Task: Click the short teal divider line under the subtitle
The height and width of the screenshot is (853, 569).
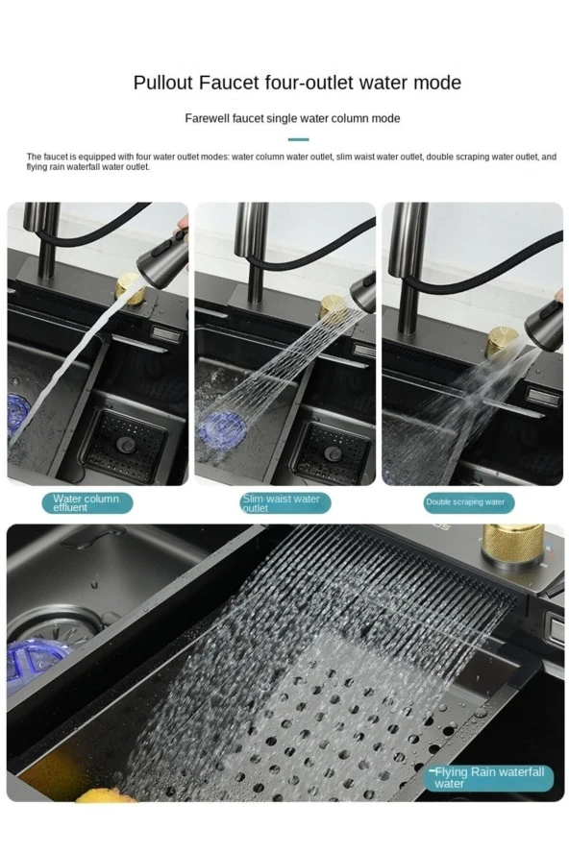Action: point(298,140)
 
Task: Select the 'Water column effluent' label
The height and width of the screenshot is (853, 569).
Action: point(87,503)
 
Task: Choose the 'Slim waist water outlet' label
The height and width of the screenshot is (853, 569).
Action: point(284,503)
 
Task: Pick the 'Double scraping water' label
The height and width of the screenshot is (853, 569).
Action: point(468,502)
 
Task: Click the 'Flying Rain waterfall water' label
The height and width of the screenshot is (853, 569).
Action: point(488,777)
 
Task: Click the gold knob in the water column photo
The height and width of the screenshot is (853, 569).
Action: point(130,288)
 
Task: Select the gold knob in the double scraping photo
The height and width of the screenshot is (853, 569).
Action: point(502,341)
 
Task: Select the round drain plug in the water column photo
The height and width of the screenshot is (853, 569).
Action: point(126,445)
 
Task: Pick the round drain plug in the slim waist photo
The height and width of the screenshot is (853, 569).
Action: point(333,453)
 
